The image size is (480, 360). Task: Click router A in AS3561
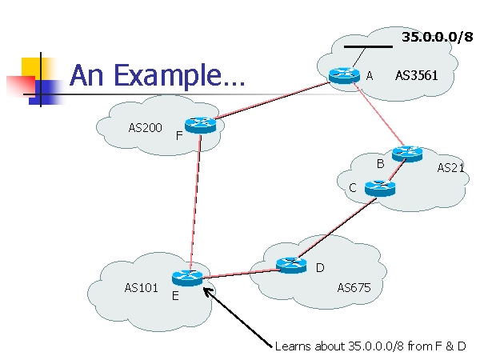pyautogui.click(x=344, y=76)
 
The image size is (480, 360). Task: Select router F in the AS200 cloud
pyautogui.click(x=201, y=125)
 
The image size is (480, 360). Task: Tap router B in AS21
pyautogui.click(x=407, y=154)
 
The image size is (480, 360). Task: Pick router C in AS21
pyautogui.click(x=380, y=188)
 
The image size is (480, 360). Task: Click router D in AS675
pyautogui.click(x=291, y=265)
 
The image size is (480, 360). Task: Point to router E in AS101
pyautogui.click(x=187, y=278)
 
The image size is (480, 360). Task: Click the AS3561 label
pyautogui.click(x=416, y=75)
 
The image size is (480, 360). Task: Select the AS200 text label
pyautogui.click(x=145, y=128)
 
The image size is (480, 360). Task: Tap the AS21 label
pyautogui.click(x=450, y=168)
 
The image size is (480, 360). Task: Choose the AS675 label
pyautogui.click(x=354, y=288)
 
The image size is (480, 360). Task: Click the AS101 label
pyautogui.click(x=141, y=288)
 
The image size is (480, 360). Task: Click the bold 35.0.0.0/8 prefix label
pyautogui.click(x=438, y=37)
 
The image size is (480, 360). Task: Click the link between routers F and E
pyautogui.click(x=196, y=202)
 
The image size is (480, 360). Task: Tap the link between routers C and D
pyautogui.click(x=337, y=228)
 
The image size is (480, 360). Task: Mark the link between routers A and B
pyautogui.click(x=379, y=114)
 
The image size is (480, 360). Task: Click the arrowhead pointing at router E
pyautogui.click(x=208, y=291)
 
